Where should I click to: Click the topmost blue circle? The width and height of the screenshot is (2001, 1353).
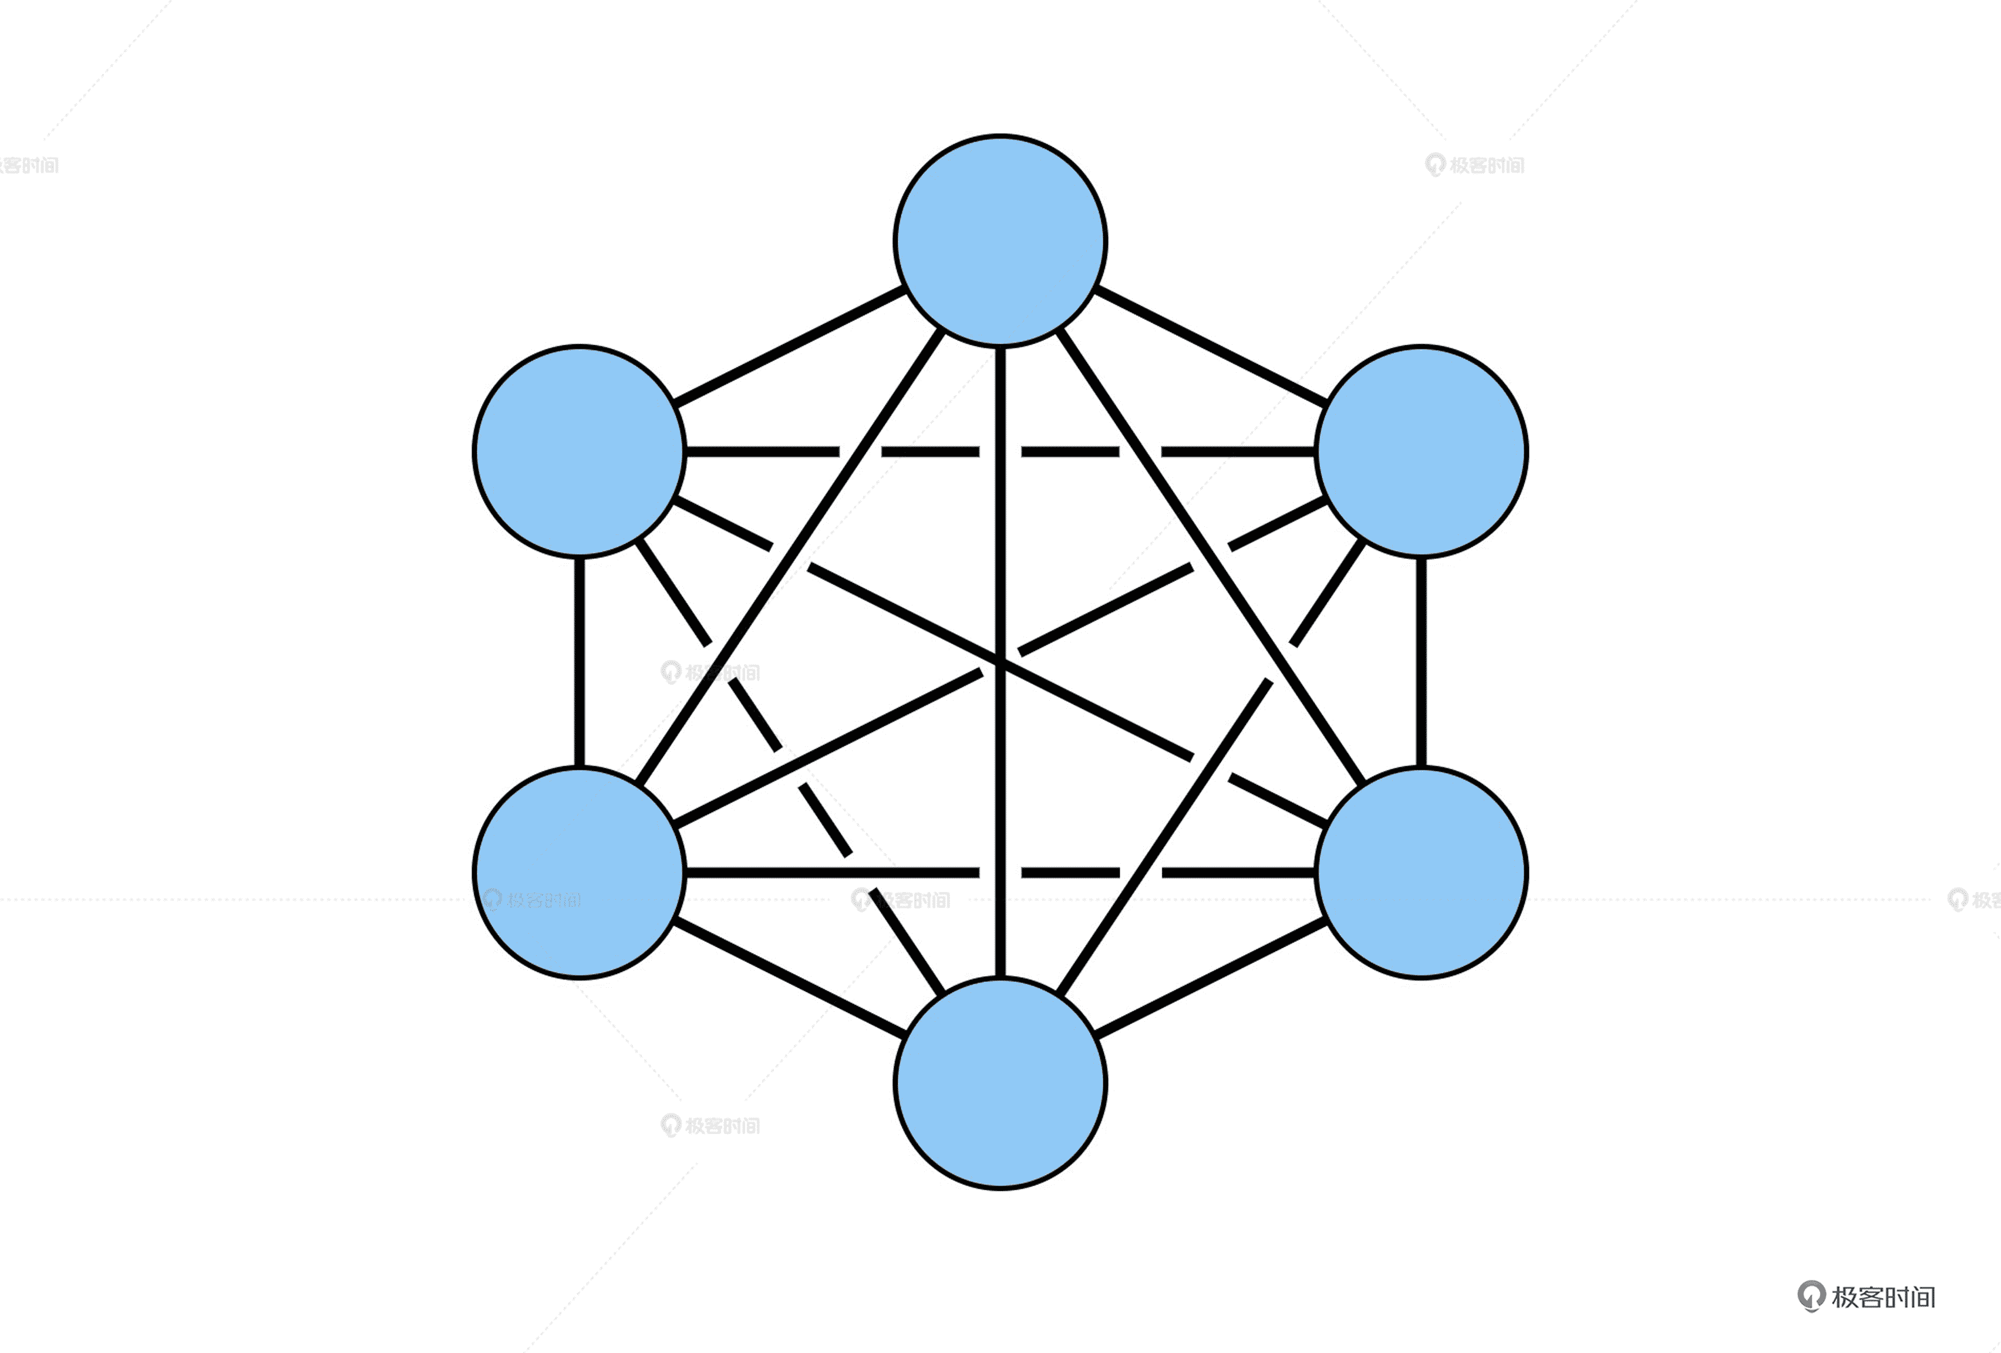coord(1000,241)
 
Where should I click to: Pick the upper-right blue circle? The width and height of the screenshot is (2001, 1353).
coord(1421,451)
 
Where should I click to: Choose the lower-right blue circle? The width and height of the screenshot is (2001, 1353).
coord(1421,873)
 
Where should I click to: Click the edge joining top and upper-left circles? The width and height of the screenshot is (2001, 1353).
coord(788,346)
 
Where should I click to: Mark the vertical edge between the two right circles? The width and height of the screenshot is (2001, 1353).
coord(1421,661)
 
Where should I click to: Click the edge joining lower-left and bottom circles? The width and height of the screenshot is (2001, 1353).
coord(788,978)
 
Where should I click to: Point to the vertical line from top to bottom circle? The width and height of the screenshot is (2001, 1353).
coord(1000,517)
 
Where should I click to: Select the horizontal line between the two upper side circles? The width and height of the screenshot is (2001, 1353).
coord(757,451)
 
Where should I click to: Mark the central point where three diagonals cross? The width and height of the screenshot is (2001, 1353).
coord(1000,661)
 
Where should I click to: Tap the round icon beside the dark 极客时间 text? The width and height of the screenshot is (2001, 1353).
coord(1811,1295)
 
